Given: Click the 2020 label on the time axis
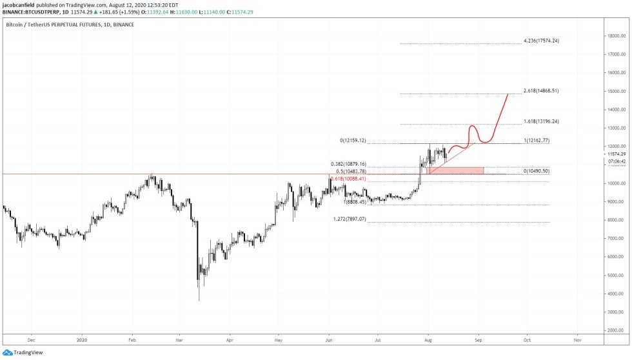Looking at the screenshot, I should [81, 338].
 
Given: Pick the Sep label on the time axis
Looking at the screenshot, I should [478, 338].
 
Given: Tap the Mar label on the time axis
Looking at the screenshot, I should [180, 338].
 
